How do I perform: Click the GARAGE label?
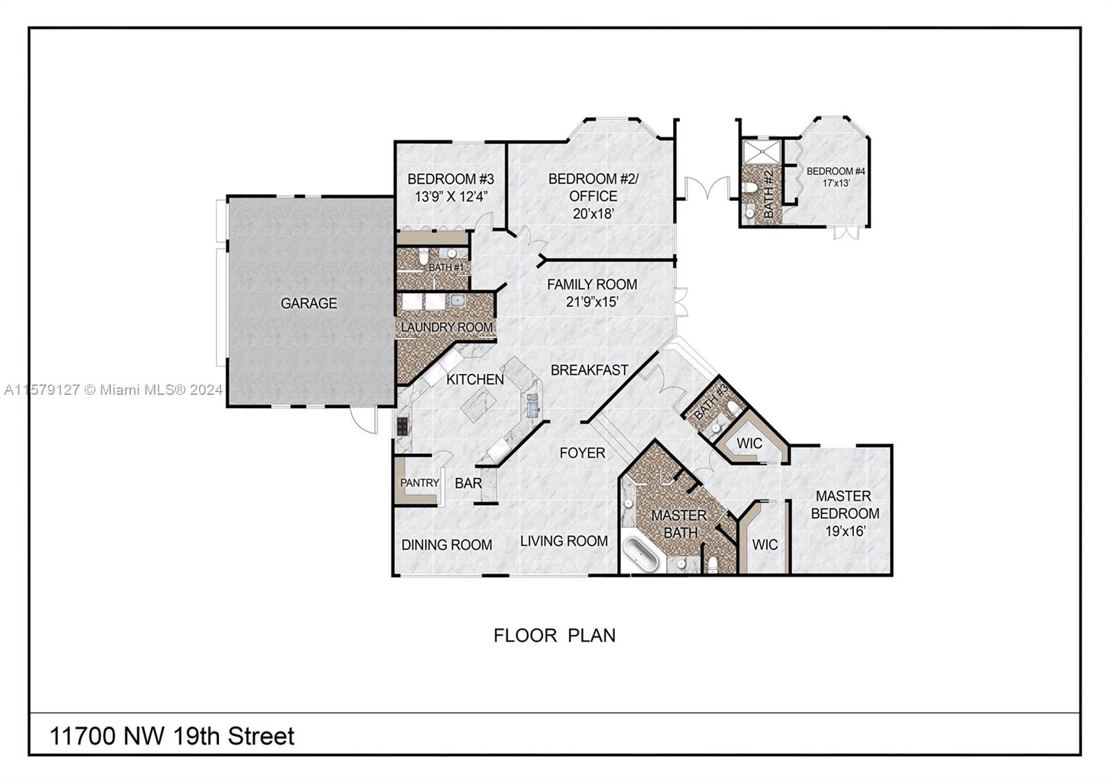coord(308,303)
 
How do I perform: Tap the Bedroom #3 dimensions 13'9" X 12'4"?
coord(451,197)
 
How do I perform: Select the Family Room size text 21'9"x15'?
coord(592,301)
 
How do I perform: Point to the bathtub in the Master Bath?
coord(640,555)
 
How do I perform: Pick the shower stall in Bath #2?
coord(762,152)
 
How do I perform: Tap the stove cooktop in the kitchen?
coord(403,425)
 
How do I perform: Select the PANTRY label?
coord(419,483)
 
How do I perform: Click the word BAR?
coord(468,483)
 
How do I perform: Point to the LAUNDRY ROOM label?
coord(446,327)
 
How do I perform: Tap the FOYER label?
coord(582,453)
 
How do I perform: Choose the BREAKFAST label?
coord(589,370)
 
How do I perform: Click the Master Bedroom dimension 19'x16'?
coord(845,531)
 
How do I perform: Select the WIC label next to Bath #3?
coord(749,443)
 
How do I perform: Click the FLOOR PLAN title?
coord(554,635)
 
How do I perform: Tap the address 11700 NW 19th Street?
coord(172,736)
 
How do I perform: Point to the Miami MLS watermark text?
coord(114,390)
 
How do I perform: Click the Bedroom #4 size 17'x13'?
coord(836,183)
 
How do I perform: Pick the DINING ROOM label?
coord(446,545)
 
